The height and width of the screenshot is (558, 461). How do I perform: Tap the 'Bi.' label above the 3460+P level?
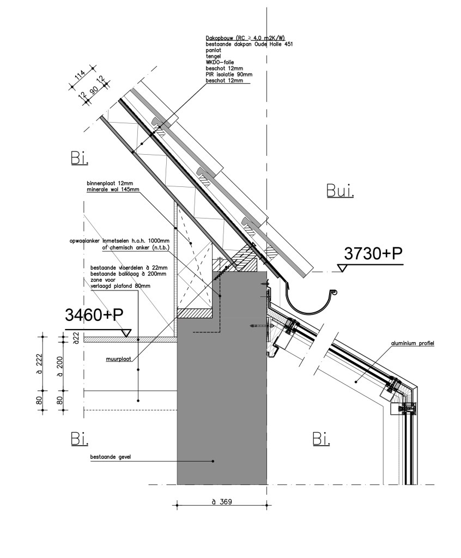(x=80, y=158)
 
